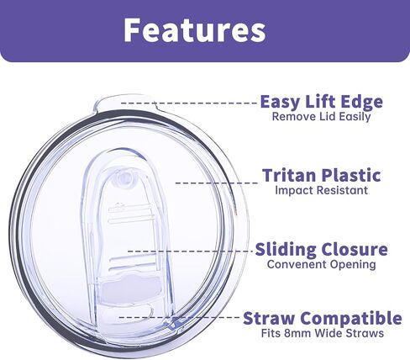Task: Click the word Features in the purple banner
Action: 195,29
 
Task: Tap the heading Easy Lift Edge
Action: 322,102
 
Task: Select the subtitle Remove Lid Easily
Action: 322,117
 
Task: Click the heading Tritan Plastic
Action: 322,175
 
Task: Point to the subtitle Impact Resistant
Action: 322,190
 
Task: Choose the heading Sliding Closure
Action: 322,249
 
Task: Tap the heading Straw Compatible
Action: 323,318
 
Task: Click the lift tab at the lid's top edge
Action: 124,103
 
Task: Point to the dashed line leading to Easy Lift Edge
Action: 189,103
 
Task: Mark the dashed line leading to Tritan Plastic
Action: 217,183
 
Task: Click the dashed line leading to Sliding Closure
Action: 191,251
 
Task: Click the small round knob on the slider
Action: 124,177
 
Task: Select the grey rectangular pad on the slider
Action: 129,289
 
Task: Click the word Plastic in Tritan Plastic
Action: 351,175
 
